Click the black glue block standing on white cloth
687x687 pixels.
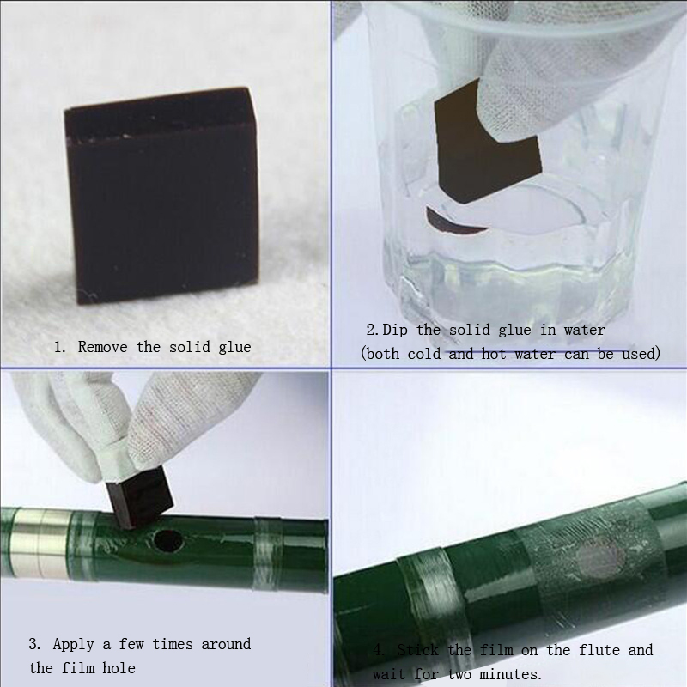tap(161, 195)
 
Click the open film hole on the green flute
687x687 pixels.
tap(166, 541)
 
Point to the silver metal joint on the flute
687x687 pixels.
tap(41, 544)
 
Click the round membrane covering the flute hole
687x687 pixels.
tap(599, 559)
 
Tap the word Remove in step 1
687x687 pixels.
tap(103, 347)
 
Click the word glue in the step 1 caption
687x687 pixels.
tap(234, 348)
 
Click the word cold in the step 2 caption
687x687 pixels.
tap(424, 354)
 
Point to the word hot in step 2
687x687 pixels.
tap(494, 354)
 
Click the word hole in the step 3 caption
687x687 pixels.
tap(119, 668)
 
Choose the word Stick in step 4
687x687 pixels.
tap(418, 650)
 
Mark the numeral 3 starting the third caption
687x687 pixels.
tap(33, 645)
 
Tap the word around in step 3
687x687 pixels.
tap(226, 645)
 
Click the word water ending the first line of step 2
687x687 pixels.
tap(585, 330)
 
